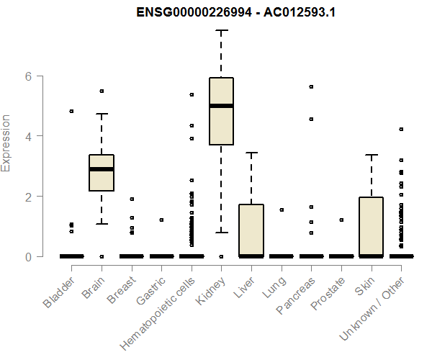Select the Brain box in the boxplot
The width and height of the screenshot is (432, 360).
pos(102,173)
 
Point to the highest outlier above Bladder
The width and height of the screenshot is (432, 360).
pos(71,112)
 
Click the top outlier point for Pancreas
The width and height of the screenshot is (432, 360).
pos(311,86)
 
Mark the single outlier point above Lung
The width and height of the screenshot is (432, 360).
pos(281,210)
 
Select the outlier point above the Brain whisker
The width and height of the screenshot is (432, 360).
pos(102,91)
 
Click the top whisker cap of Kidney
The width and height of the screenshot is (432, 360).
pos(221,31)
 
